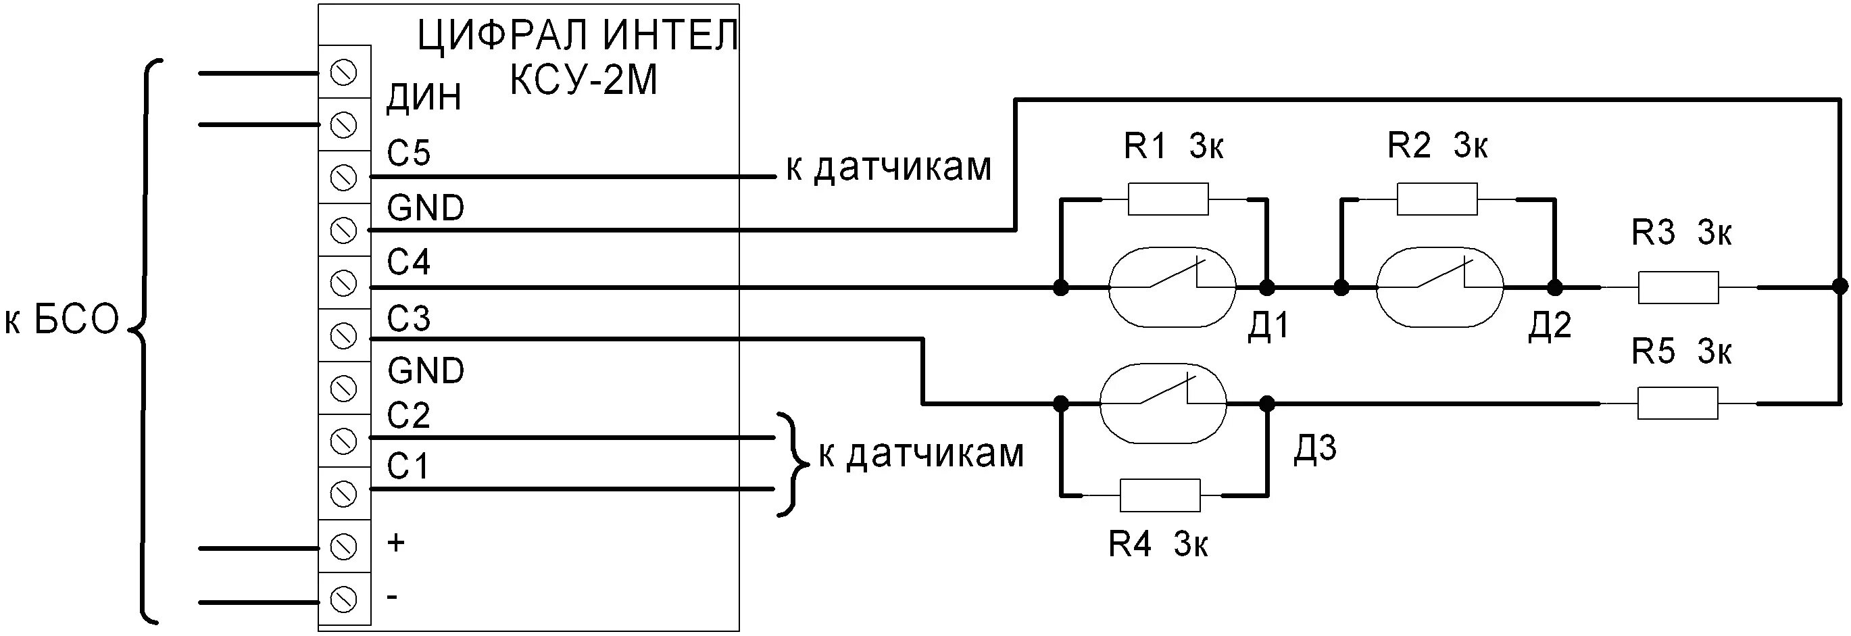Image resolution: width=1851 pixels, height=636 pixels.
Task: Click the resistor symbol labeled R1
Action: pyautogui.click(x=1168, y=199)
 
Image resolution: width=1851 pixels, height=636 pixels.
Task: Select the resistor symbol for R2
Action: pyautogui.click(x=1436, y=199)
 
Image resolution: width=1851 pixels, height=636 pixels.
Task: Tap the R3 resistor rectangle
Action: pyautogui.click(x=1678, y=287)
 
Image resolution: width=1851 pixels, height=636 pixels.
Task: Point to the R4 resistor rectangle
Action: pyautogui.click(x=1160, y=495)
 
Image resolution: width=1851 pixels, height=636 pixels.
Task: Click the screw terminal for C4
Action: pyautogui.click(x=343, y=283)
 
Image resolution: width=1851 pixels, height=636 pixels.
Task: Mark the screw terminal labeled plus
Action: pyautogui.click(x=343, y=546)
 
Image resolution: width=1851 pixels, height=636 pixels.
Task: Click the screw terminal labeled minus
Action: pyautogui.click(x=343, y=600)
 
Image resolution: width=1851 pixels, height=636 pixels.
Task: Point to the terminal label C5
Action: pyautogui.click(x=408, y=153)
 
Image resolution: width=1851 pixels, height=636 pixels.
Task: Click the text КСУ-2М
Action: pyautogui.click(x=583, y=81)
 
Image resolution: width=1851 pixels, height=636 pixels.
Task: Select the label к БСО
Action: pyautogui.click(x=61, y=320)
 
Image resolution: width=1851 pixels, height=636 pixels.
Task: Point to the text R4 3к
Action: pyautogui.click(x=1158, y=544)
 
